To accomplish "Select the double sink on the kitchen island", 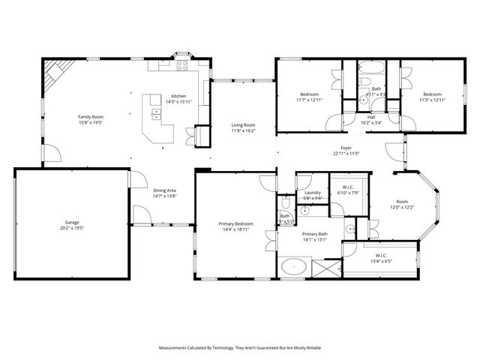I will click(x=156, y=114).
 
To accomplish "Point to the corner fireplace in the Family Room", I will click(x=54, y=74).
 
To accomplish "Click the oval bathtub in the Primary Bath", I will click(x=292, y=266).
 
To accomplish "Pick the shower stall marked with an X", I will click(x=324, y=268).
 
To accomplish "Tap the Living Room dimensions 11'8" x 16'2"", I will click(x=243, y=130).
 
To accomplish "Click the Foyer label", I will click(x=346, y=148).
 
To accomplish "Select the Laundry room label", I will click(x=313, y=193).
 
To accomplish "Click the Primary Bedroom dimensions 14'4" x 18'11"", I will click(x=235, y=229).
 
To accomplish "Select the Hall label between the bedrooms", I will click(x=371, y=117).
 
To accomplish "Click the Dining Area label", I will click(x=165, y=190).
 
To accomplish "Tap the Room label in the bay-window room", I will click(x=402, y=201).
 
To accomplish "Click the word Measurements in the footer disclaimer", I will click(x=175, y=349).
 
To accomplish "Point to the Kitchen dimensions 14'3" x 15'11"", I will click(x=178, y=101).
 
